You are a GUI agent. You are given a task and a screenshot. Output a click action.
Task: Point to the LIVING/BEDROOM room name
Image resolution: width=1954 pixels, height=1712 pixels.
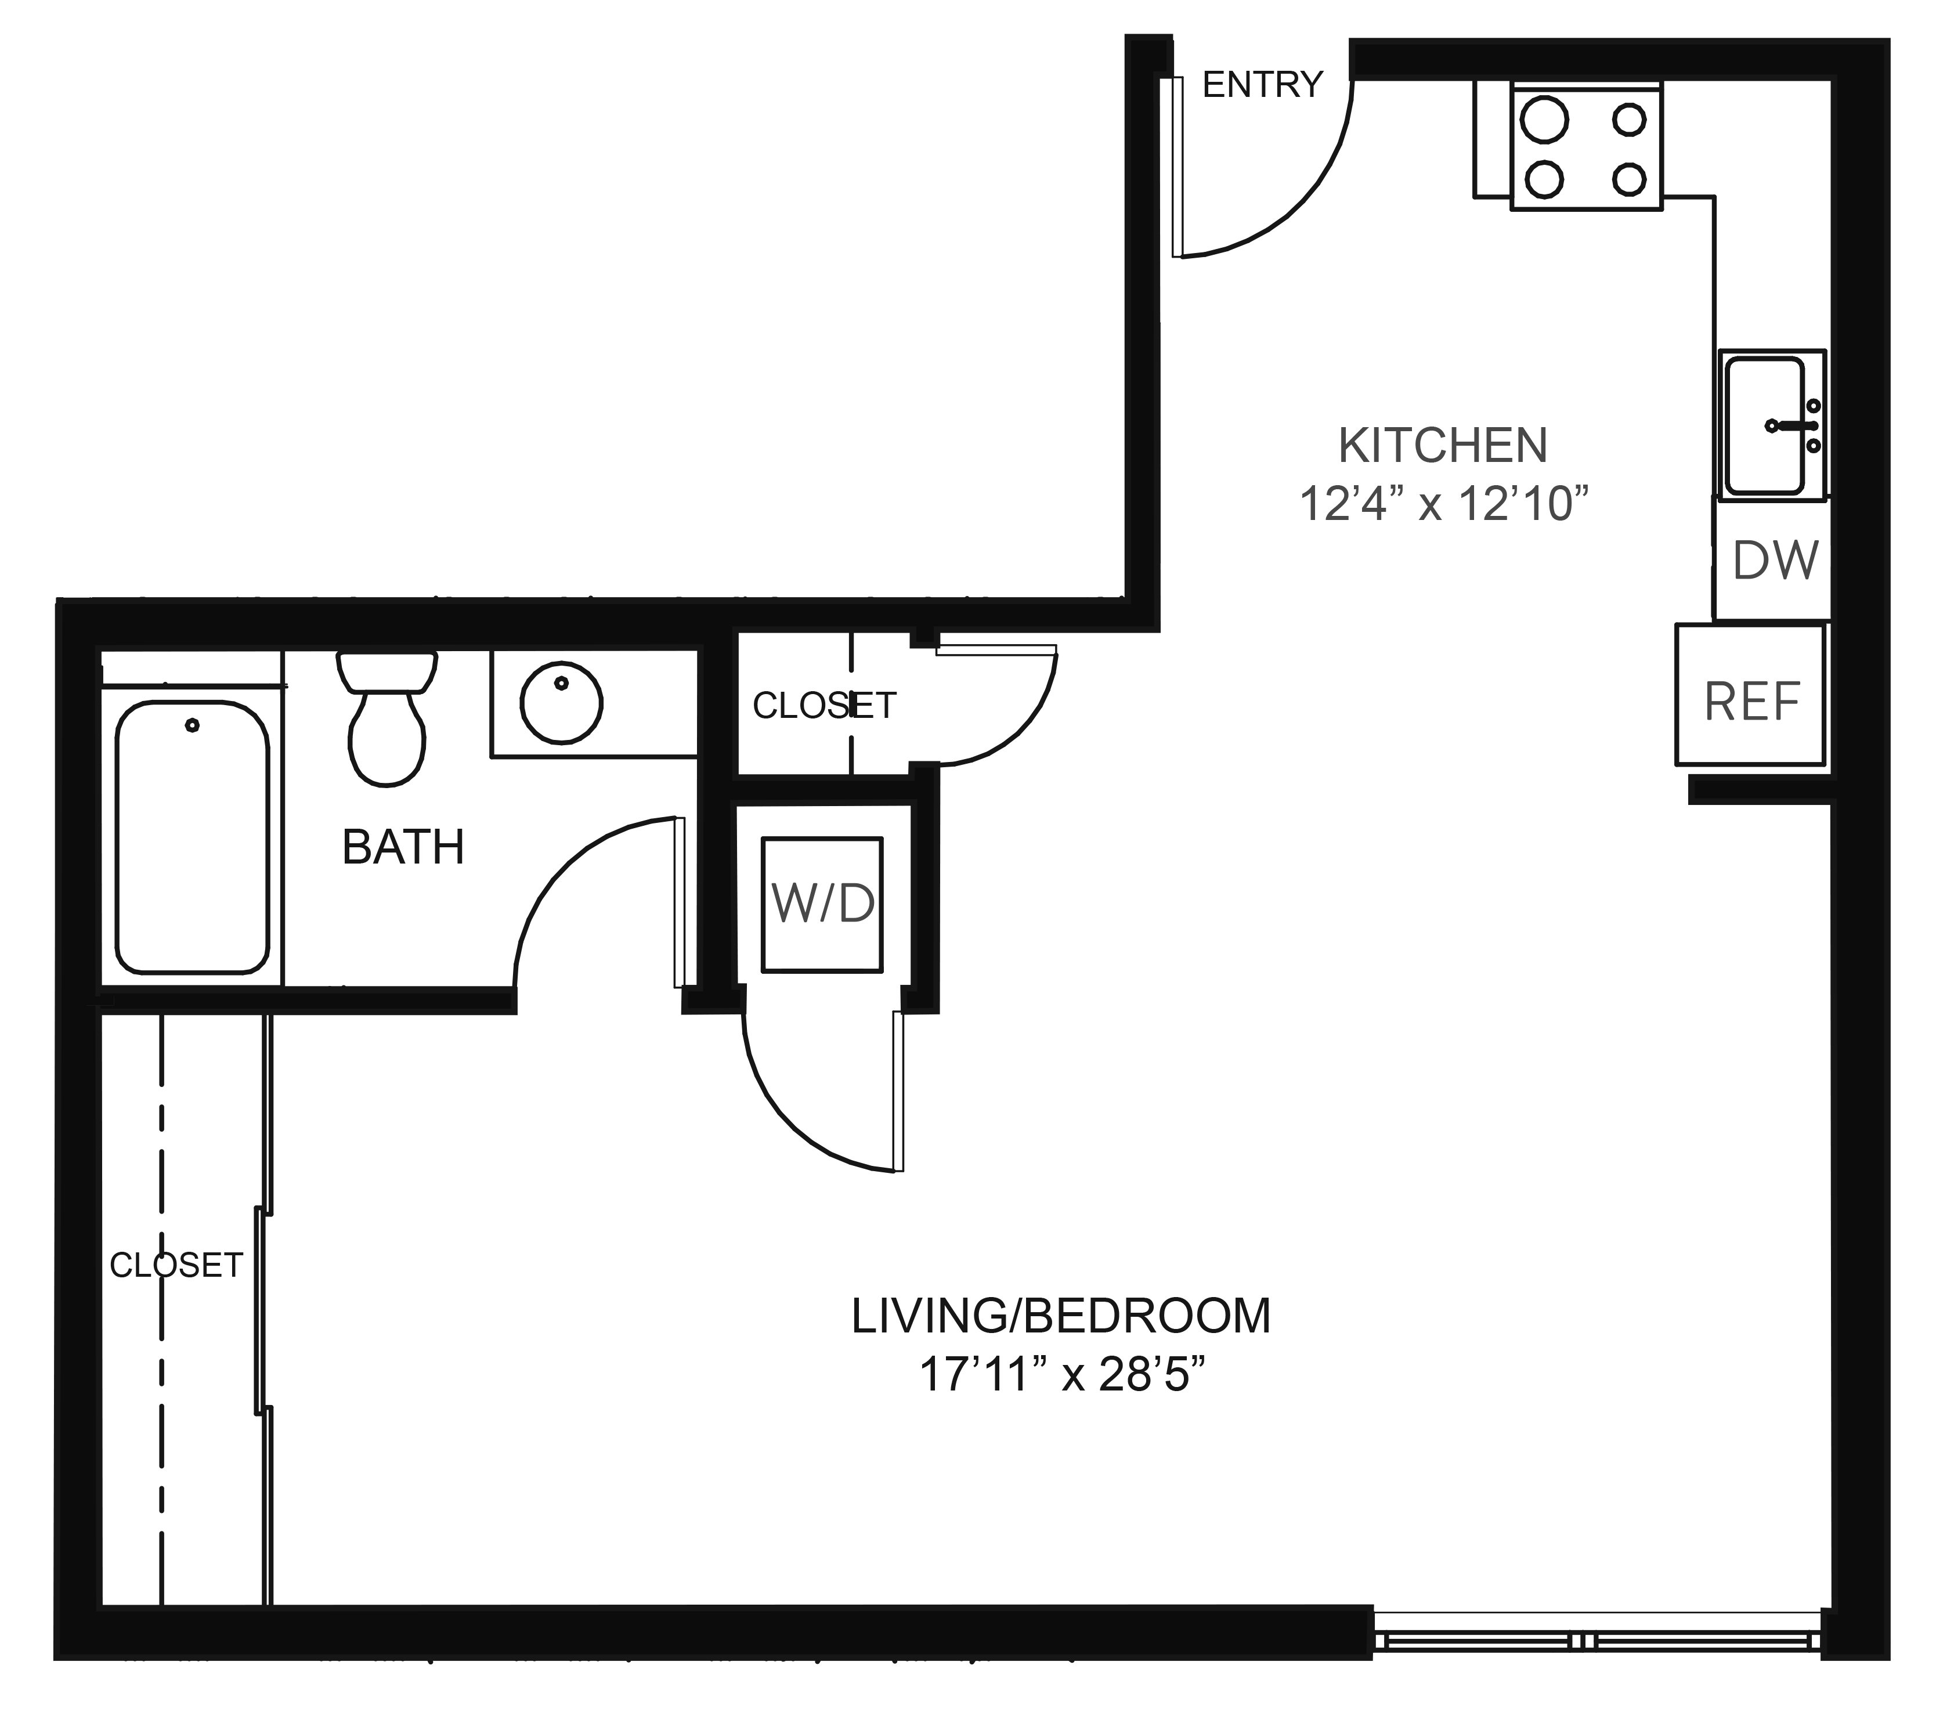coord(1061,1316)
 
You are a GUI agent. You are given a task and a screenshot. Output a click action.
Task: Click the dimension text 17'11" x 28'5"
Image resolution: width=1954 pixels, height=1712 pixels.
coord(1061,1376)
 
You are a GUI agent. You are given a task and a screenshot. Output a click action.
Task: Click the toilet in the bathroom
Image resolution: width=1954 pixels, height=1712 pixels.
coord(387,718)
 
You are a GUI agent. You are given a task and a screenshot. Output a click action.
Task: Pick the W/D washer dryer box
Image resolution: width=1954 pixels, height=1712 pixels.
coord(823,904)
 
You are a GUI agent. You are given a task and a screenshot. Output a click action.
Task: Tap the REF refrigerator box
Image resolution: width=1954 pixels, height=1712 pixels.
coord(1750,695)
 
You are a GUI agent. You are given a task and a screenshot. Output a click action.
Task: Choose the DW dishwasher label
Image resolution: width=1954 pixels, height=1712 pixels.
coord(1775,561)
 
